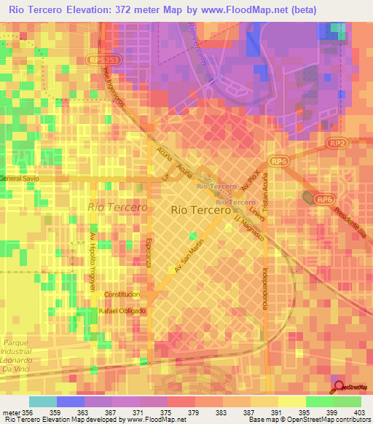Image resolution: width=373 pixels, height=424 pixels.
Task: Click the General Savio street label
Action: (x=20, y=178)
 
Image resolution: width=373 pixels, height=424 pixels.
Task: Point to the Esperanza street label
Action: (x=148, y=252)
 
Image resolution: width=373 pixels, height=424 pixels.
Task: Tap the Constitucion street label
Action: (x=122, y=294)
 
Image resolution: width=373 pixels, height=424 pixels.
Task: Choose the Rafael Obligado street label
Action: (x=122, y=310)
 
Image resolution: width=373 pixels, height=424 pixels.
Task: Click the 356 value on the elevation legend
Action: (x=28, y=412)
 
